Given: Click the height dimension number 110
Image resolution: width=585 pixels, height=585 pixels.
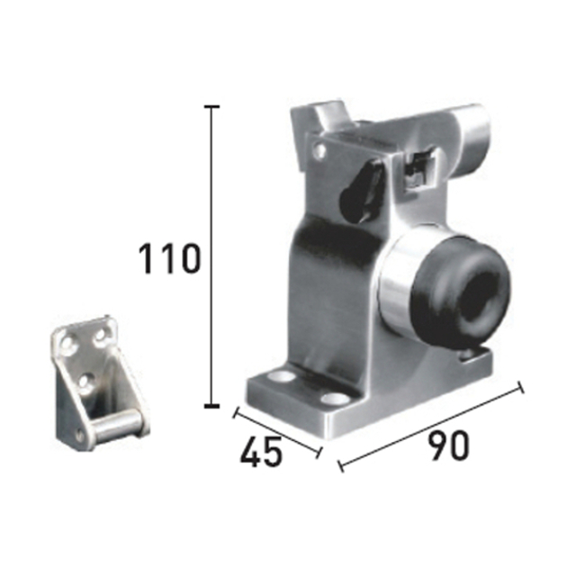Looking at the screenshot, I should tap(168, 260).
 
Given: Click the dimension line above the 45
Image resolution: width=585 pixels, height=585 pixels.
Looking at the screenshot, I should tap(276, 431).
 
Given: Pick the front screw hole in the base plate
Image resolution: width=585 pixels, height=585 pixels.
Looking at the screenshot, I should tap(335, 398).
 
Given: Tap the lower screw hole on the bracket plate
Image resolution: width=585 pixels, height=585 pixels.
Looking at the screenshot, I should tap(85, 382).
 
